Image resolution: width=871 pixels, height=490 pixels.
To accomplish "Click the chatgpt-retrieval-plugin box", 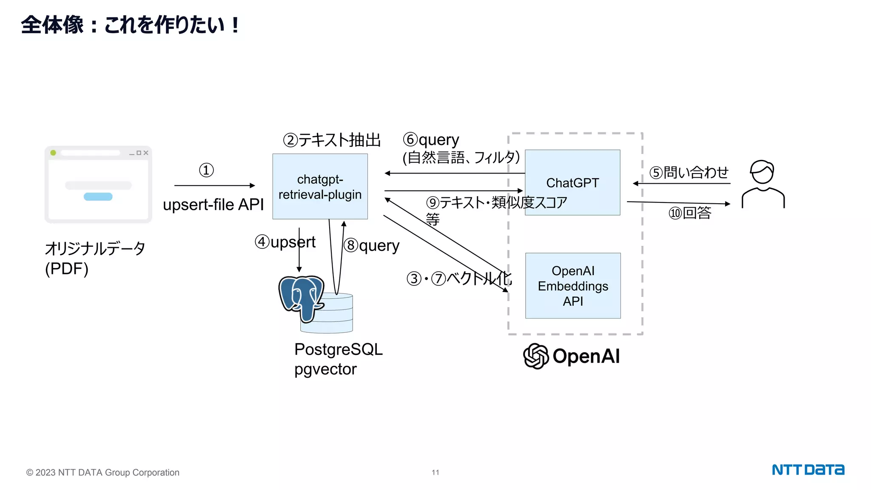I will click(x=320, y=186).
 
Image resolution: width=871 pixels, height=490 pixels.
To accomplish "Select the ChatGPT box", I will click(x=572, y=182).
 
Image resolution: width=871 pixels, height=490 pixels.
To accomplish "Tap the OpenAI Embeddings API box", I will click(x=572, y=285).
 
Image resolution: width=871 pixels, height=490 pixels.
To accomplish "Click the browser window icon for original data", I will click(x=98, y=185).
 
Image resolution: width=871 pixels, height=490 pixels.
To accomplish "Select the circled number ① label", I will click(x=206, y=170).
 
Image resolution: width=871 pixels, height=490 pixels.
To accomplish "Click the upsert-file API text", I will click(x=213, y=205).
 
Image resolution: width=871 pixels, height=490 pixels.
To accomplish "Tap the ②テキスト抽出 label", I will click(x=332, y=140).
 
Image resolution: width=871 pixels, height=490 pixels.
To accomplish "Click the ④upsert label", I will click(x=285, y=242).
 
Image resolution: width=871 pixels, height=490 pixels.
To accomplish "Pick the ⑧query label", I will click(x=371, y=245).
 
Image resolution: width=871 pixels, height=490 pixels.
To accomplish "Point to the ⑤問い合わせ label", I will click(x=689, y=172).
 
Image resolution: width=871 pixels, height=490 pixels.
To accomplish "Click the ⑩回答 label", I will click(x=689, y=213).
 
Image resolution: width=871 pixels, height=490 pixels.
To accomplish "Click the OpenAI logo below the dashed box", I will click(x=571, y=356).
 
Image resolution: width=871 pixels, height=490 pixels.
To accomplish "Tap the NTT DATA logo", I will click(x=808, y=470).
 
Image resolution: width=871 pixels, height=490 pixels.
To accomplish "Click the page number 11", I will click(x=435, y=472).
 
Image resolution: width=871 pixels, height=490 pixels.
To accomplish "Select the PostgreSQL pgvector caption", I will click(x=338, y=359).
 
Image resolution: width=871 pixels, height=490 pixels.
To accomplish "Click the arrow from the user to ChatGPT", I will click(x=682, y=183).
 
